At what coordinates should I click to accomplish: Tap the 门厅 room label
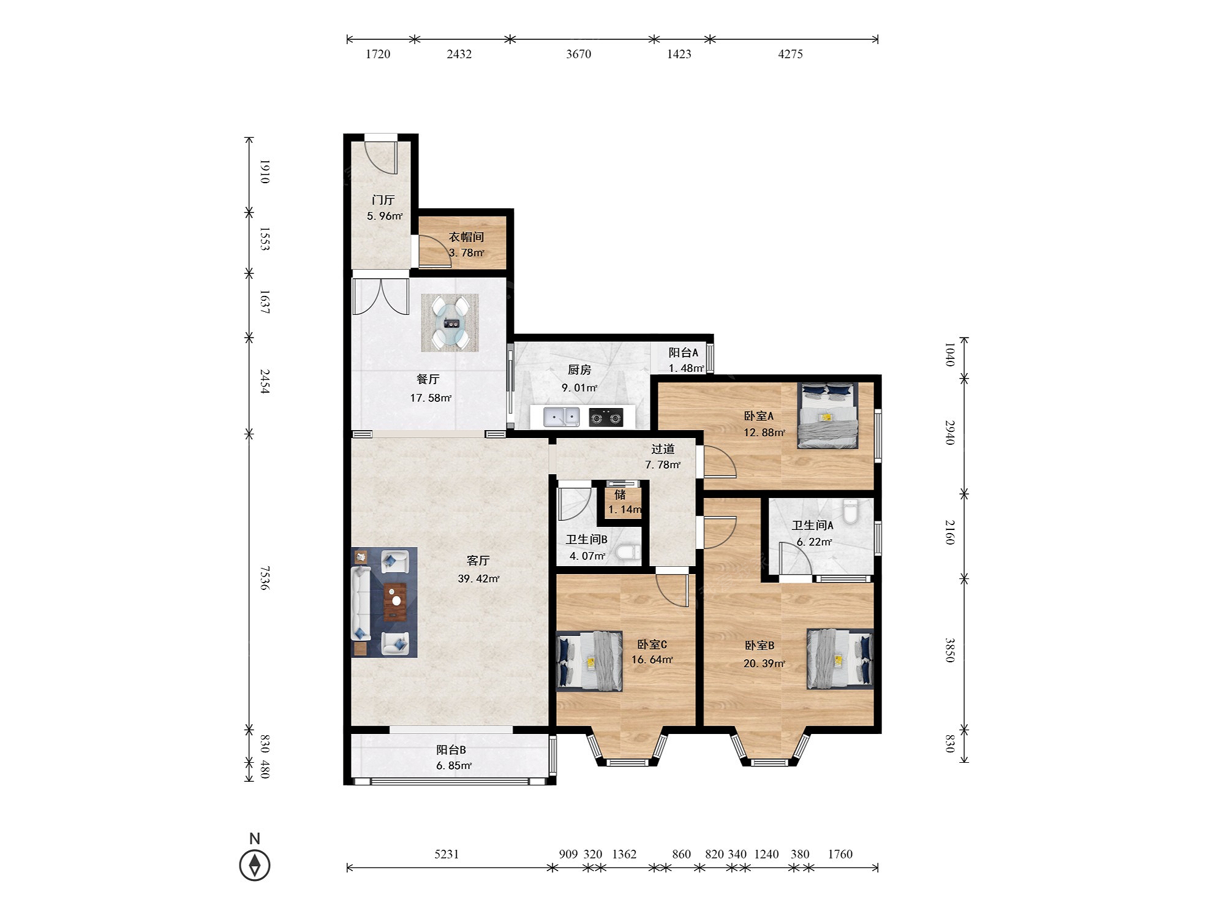point(383,200)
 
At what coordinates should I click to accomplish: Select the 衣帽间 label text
point(467,236)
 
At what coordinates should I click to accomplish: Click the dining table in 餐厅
point(450,323)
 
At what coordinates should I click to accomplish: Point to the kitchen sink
point(561,417)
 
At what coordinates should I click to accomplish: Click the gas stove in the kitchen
point(606,417)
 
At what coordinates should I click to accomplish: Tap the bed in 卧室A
point(827,416)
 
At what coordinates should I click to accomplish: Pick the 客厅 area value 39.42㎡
point(478,578)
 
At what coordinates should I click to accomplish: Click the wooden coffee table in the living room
point(396,602)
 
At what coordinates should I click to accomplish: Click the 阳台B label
point(451,750)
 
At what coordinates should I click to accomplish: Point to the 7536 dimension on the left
point(265,578)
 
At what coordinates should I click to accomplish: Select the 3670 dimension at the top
point(579,54)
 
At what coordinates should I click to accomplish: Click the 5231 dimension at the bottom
point(447,854)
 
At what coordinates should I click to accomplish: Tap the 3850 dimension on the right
point(949,650)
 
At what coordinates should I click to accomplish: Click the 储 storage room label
point(620,494)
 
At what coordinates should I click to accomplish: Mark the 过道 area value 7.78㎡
point(663,465)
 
